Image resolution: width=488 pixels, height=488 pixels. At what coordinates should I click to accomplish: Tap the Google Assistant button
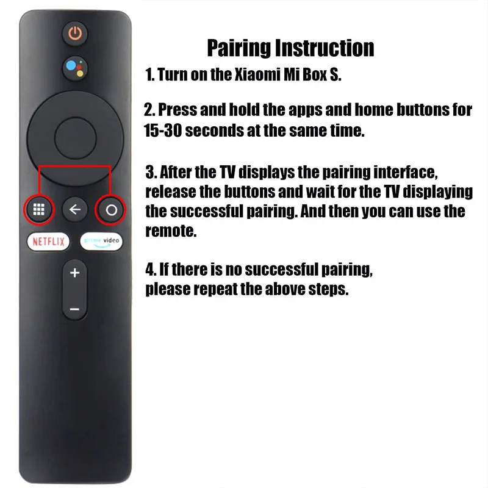point(74,68)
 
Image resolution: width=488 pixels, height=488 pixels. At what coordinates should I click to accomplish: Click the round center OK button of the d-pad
point(75,138)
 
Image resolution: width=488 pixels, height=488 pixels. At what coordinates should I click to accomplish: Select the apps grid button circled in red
point(39,209)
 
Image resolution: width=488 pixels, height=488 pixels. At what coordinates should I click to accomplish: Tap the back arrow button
point(74,209)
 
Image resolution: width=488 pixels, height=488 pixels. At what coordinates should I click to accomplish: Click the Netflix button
point(48,242)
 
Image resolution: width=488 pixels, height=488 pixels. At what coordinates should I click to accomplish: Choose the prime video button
point(101,242)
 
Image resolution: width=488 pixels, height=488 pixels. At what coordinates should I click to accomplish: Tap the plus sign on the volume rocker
point(74,273)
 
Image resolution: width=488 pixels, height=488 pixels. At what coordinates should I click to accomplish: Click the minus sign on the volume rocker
point(74,309)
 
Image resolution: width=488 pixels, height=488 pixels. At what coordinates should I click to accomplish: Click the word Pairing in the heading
point(239,49)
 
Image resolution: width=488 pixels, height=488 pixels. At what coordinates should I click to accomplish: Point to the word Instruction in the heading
point(325,48)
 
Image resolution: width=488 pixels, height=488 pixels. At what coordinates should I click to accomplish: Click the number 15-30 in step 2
point(162,131)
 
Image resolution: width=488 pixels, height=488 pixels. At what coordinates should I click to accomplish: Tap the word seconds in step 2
point(215,131)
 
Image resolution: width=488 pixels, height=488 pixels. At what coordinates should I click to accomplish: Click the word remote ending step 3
point(171,231)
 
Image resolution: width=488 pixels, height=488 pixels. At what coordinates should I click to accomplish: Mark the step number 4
point(151,269)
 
